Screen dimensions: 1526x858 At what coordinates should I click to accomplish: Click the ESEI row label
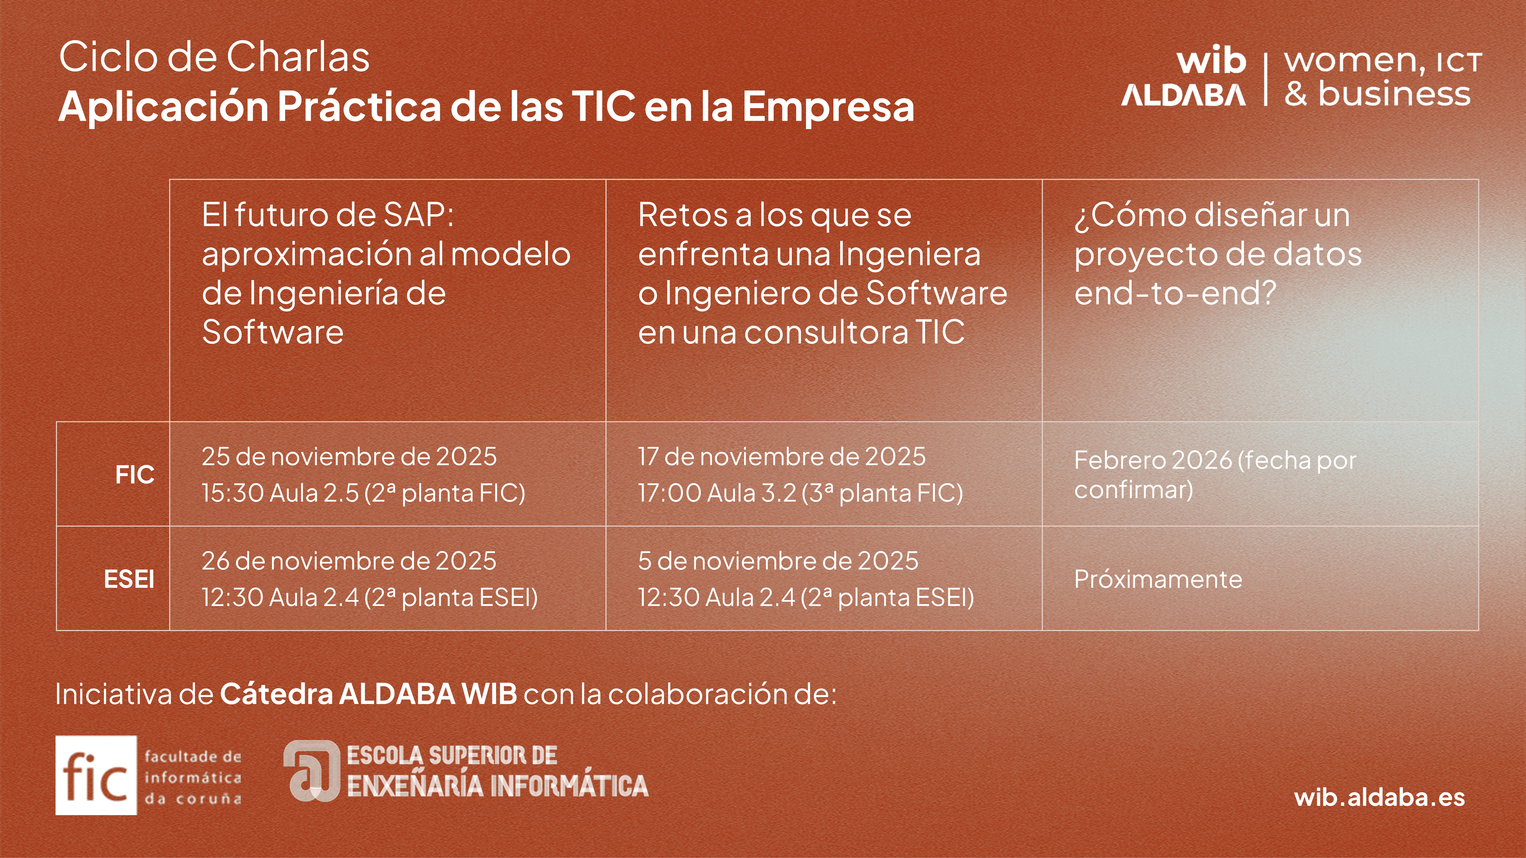pos(129,579)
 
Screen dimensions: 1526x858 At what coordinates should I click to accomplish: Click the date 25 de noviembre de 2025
pos(349,457)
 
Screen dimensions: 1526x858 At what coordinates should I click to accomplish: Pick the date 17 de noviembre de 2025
pos(781,457)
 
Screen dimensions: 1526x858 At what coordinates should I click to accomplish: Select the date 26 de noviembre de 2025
pos(349,561)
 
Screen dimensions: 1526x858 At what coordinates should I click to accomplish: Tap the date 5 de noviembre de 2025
pos(778,561)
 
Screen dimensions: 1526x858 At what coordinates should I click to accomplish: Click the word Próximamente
pos(1158,579)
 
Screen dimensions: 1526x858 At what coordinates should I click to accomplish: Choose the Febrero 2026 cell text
pos(1215,474)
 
